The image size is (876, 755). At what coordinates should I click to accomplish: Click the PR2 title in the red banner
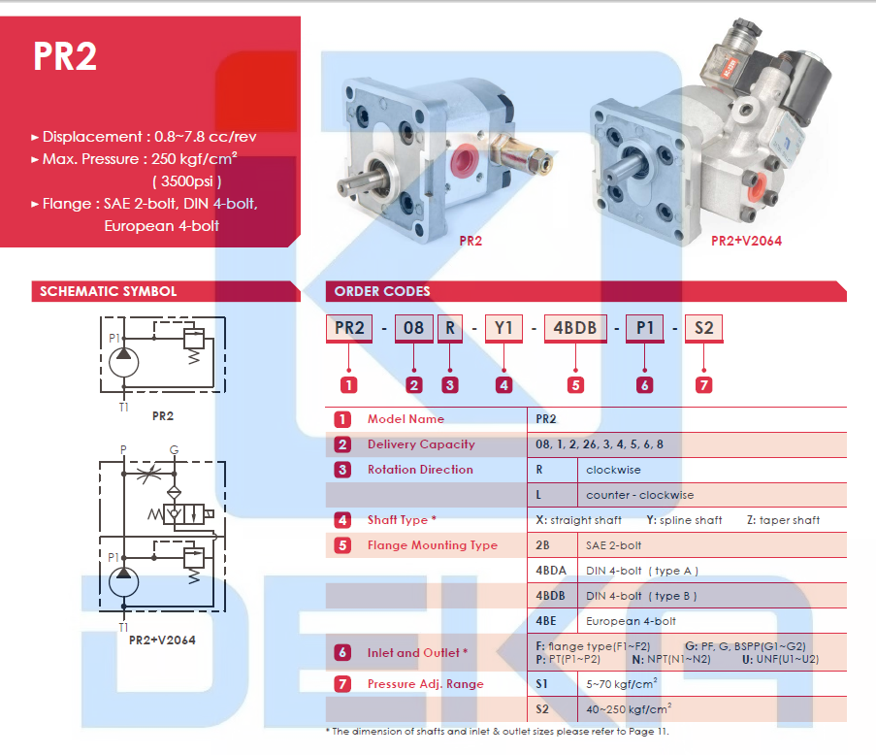[x=65, y=56]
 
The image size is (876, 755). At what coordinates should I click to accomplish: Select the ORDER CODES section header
[x=381, y=291]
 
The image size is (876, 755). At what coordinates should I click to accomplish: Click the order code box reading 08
[x=413, y=328]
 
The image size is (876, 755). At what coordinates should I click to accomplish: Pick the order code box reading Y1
[x=503, y=328]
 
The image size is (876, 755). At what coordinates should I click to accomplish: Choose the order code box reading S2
[x=703, y=328]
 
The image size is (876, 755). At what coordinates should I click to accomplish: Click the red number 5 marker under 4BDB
[x=575, y=384]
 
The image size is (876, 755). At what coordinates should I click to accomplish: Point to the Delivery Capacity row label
[x=421, y=444]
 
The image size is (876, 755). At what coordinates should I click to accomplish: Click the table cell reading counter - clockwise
[x=640, y=495]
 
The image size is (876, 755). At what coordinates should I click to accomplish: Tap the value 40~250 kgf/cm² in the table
[x=630, y=709]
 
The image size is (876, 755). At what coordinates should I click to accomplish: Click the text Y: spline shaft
[x=684, y=520]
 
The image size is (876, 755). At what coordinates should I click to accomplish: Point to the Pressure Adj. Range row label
[x=425, y=684]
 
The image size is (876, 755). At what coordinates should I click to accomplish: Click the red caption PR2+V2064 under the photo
[x=746, y=241]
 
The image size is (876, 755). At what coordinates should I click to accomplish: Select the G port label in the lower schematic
[x=174, y=450]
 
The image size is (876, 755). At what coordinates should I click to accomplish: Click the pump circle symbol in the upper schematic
[x=123, y=362]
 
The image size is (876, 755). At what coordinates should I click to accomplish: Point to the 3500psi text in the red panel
[x=187, y=181]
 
